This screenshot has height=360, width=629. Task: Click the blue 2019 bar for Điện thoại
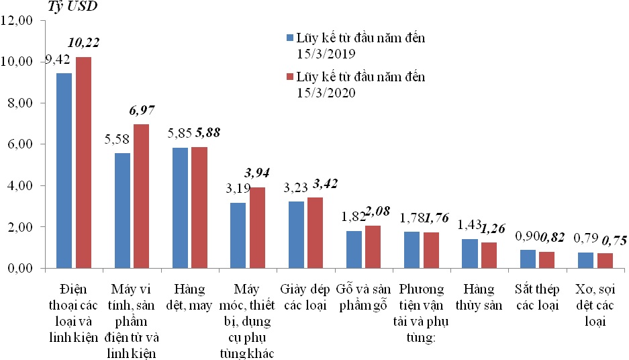[64, 171]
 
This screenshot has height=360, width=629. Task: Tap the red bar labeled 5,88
[200, 208]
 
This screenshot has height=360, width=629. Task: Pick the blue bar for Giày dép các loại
[297, 234]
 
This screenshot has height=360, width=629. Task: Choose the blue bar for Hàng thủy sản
[471, 253]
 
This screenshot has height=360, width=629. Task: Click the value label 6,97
[141, 109]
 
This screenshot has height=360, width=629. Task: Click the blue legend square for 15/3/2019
[289, 38]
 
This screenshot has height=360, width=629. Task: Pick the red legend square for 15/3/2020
[289, 77]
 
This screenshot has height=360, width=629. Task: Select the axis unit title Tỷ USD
[71, 7]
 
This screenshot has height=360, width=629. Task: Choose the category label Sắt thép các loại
[538, 296]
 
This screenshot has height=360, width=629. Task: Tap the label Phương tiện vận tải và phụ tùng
[422, 312]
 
